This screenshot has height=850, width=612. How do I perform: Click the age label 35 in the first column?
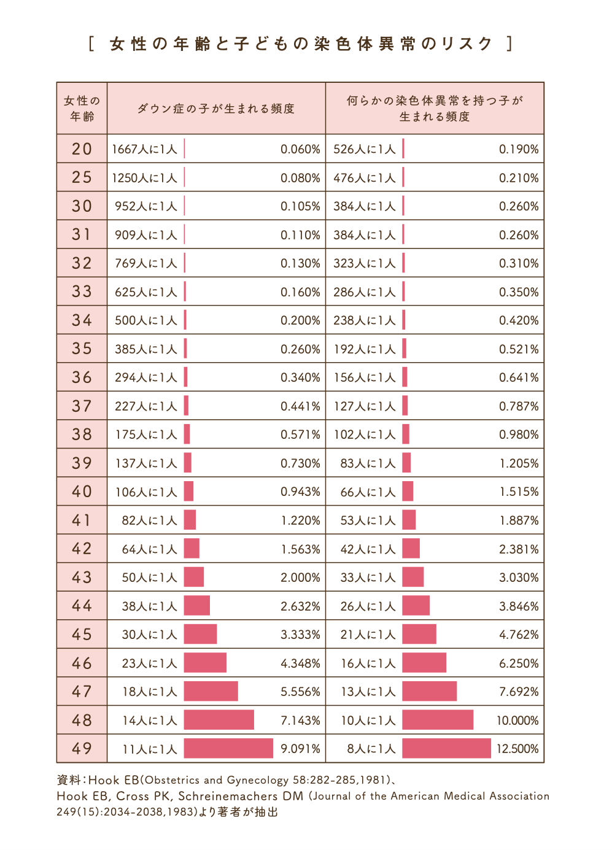pyautogui.click(x=82, y=349)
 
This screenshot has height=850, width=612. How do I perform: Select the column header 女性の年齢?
pyautogui.click(x=82, y=109)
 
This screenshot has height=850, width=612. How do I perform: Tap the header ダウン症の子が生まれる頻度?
pyautogui.click(x=216, y=109)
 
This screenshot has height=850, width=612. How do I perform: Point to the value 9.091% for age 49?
pyautogui.click(x=300, y=749)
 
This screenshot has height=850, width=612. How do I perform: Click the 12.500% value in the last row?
pyautogui.click(x=517, y=749)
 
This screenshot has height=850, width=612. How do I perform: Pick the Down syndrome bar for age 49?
pyautogui.click(x=228, y=748)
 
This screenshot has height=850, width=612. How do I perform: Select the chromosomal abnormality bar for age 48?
pyautogui.click(x=438, y=720)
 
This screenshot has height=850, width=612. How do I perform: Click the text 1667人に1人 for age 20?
pyautogui.click(x=144, y=149)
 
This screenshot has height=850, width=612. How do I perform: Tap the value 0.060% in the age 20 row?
pyautogui.click(x=300, y=149)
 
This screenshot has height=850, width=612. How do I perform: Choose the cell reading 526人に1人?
pyautogui.click(x=365, y=149)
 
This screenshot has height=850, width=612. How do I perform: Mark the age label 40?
pyautogui.click(x=82, y=492)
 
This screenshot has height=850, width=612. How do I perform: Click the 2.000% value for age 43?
pyautogui.click(x=300, y=578)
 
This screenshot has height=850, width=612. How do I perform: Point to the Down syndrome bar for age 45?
pyautogui.click(x=200, y=634)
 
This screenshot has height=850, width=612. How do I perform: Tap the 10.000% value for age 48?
pyautogui.click(x=517, y=721)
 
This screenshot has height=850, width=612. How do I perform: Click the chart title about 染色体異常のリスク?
pyautogui.click(x=301, y=44)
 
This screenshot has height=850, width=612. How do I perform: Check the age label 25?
pyautogui.click(x=82, y=177)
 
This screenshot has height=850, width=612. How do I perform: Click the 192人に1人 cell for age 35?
pyautogui.click(x=365, y=349)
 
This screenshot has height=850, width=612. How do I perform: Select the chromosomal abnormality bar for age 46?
pyautogui.click(x=424, y=663)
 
